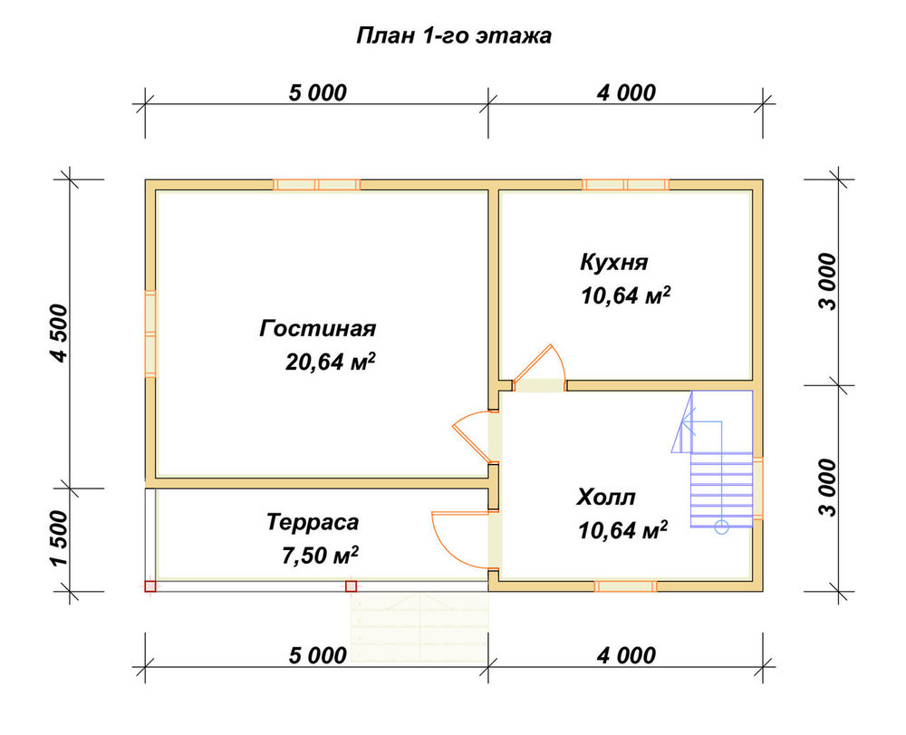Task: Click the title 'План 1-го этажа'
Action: (454, 36)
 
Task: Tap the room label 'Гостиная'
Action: (318, 328)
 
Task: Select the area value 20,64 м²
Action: (331, 362)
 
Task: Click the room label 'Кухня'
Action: (614, 262)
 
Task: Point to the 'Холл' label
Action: (606, 497)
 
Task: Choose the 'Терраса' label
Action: (313, 522)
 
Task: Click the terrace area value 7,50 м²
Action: (320, 556)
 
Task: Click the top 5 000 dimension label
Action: (318, 92)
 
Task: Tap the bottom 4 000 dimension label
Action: (626, 655)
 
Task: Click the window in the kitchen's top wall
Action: (626, 185)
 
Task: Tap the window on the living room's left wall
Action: (150, 334)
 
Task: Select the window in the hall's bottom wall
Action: (626, 586)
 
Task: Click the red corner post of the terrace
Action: (150, 586)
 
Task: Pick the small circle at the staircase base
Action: (721, 527)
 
